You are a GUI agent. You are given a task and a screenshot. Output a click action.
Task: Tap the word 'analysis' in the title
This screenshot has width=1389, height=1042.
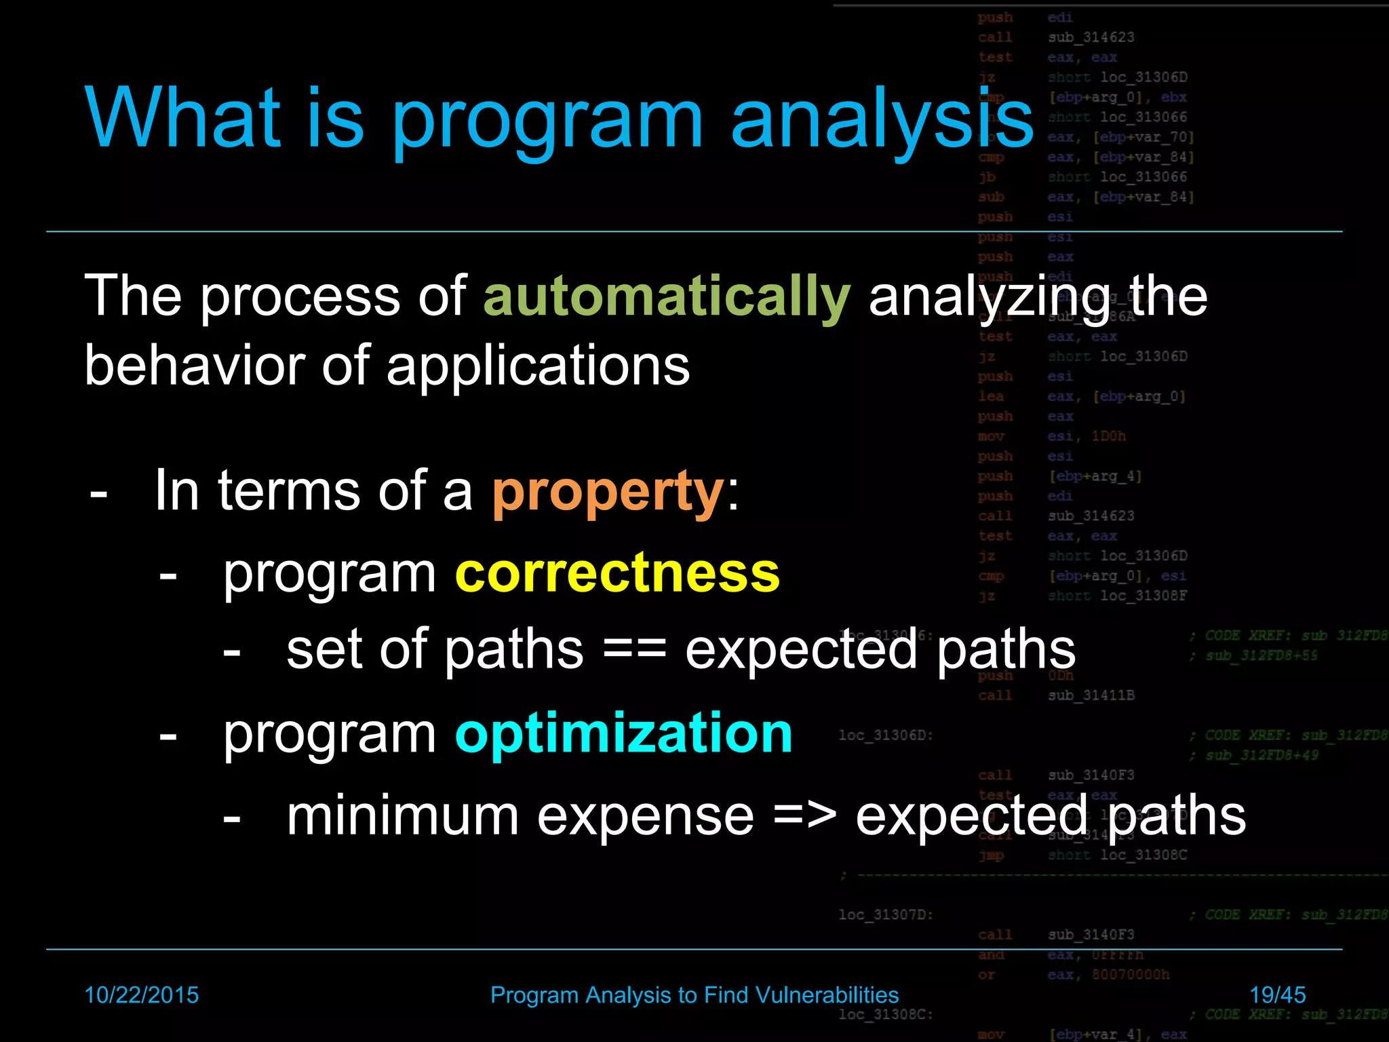882,119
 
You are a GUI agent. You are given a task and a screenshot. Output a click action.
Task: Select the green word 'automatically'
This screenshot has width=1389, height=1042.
666,297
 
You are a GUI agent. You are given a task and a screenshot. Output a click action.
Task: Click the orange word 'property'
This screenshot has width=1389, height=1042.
608,492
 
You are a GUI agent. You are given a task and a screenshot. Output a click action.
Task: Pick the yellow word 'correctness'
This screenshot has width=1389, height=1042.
617,573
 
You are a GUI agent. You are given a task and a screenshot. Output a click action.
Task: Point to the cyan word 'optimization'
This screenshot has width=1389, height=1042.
623,733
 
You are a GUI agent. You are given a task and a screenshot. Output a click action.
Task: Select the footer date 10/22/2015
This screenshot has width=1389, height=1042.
141,995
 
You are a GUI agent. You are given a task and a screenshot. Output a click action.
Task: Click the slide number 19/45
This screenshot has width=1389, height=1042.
1277,995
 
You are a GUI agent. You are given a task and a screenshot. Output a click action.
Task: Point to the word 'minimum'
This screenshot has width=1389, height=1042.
402,816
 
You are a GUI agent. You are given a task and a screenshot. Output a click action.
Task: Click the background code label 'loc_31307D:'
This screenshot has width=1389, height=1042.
885,914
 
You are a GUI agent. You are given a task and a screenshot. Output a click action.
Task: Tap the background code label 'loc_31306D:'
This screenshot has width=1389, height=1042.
885,735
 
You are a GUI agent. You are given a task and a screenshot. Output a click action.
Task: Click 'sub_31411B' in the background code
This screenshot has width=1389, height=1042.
1091,695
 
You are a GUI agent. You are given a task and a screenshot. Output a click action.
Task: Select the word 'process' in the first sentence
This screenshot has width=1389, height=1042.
299,297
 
